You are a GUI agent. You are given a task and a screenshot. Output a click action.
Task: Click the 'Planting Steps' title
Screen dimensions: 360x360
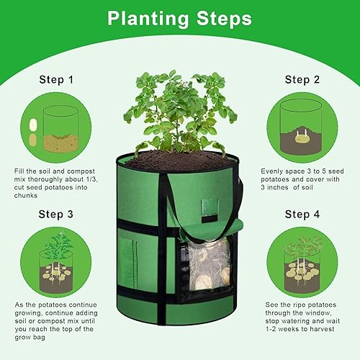(179, 17)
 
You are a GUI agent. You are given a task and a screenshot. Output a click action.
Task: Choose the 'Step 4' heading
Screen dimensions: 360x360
(302, 214)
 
